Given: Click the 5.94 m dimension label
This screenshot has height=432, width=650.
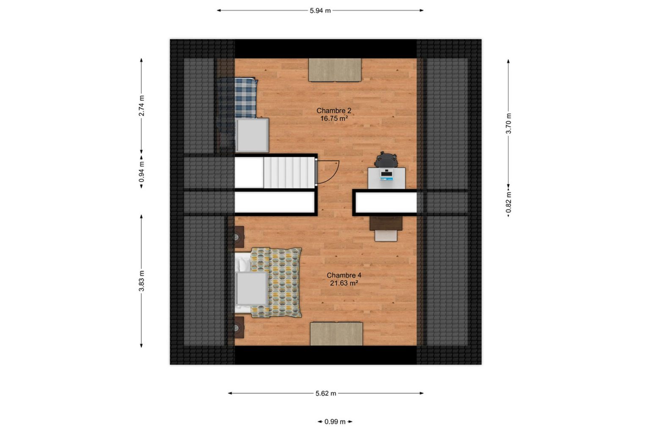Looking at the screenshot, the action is pos(320,11).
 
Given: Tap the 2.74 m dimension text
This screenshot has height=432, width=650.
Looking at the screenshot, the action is pos(141,106).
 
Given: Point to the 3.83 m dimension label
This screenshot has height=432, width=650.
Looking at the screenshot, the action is pos(141,281).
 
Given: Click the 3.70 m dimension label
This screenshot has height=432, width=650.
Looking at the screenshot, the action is pos(508,123).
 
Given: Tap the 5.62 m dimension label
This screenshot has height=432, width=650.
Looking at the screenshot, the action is pos(326,394).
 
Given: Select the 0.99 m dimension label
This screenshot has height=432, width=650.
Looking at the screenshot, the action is pos(335,421).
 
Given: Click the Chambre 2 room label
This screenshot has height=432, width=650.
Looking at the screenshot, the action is pos(334,110).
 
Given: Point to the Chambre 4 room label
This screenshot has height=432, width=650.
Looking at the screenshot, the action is pos(344,275).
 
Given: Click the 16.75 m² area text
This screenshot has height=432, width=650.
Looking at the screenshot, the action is pos(334,118).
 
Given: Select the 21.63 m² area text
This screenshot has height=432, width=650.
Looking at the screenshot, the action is pos(344,283).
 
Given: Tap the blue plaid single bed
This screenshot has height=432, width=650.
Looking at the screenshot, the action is pos(238,98).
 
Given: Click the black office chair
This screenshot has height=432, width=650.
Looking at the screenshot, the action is pos(386,160).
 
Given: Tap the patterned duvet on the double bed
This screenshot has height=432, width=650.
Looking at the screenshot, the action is pos(276,282).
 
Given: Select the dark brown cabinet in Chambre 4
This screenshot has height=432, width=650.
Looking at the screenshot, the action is pos(386,223).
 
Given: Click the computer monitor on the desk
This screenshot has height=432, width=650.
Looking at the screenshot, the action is pos(386,175).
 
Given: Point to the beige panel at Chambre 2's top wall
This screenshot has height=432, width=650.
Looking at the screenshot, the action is pos(335,70).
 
